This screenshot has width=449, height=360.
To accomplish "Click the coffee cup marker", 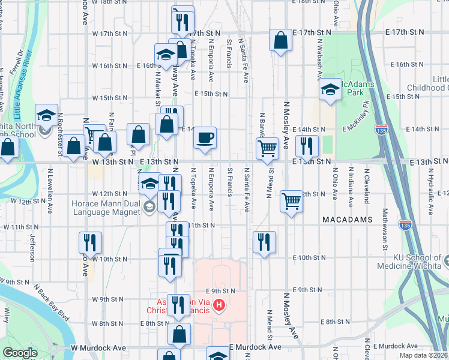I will [205, 137].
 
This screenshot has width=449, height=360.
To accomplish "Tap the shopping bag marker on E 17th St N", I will [280, 40].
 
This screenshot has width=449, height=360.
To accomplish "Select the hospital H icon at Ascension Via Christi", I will [219, 306].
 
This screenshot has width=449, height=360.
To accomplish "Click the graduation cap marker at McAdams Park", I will [330, 89].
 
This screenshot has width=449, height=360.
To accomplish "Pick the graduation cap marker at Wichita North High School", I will [46, 115].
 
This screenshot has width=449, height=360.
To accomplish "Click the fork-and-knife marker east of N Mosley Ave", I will [307, 145].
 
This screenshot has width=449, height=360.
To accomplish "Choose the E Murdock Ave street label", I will [256, 347].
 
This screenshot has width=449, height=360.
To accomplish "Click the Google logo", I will [20, 353].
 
